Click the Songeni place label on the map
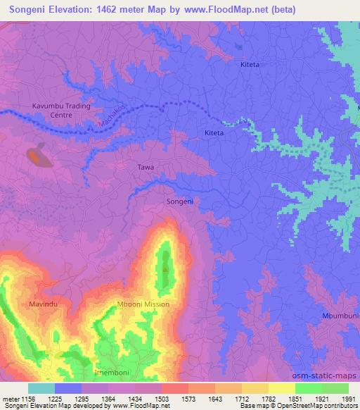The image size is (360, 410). tap(179, 202)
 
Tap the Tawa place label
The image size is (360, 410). tap(146, 168)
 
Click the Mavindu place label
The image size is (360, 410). tap(42, 304)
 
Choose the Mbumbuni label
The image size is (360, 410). tap(341, 315)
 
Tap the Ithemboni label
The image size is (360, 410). tap(110, 371)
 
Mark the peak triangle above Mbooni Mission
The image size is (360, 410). tap(165, 268)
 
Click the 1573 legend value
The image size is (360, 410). tap(188, 399)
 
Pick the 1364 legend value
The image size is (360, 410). tap(108, 399)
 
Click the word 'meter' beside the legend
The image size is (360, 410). tap(11, 399)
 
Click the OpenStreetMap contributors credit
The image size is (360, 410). tap(318, 406)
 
